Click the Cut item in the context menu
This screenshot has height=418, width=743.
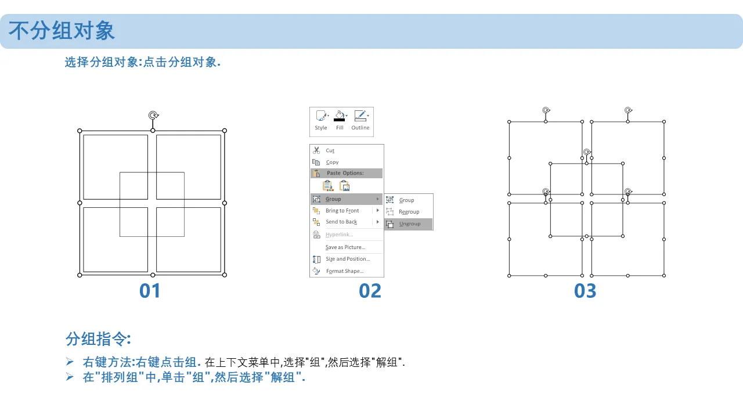tap(330, 150)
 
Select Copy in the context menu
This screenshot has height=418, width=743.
tap(332, 162)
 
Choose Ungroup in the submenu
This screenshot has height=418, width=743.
tap(409, 224)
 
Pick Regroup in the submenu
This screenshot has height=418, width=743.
tap(409, 212)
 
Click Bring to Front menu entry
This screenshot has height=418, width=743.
tap(342, 211)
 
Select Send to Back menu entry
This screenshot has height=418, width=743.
tap(341, 222)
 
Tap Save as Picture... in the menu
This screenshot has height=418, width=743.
tap(345, 247)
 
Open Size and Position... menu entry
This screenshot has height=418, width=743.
tap(348, 259)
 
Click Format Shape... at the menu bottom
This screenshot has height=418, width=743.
tap(345, 271)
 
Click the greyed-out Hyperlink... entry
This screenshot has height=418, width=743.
tap(340, 235)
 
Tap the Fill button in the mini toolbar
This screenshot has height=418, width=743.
tap(340, 120)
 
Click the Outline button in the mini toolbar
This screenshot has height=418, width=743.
tap(360, 120)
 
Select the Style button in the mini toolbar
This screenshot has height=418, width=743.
tap(321, 120)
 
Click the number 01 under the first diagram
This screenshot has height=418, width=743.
tap(150, 291)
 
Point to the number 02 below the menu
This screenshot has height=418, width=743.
tap(370, 291)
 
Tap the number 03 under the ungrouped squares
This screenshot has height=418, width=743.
tap(585, 291)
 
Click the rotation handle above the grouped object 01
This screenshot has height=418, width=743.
tap(153, 115)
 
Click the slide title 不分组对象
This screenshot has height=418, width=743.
tap(62, 31)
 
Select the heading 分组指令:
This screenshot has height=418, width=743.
tap(98, 339)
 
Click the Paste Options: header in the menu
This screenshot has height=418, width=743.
tap(345, 173)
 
